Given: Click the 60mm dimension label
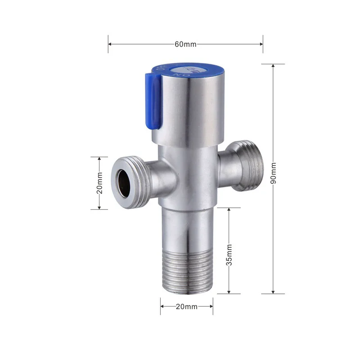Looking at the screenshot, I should coord(185,44).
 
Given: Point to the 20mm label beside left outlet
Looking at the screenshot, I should coord(100,183).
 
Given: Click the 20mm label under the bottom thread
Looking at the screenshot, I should coord(186,306).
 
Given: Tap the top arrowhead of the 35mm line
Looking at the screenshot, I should coord(229,210).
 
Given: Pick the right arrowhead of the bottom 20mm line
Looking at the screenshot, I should coord(211,306).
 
